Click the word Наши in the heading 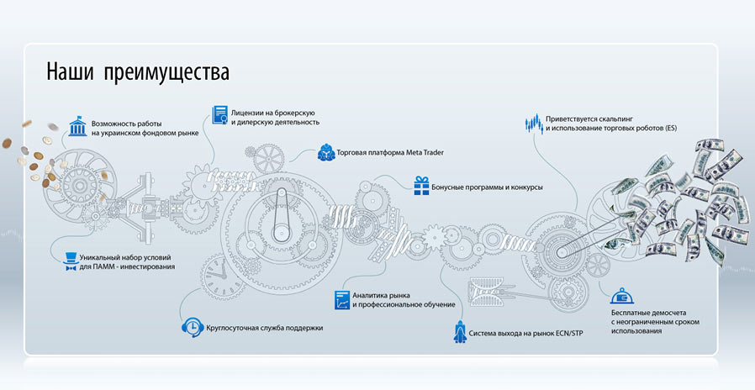[70, 71]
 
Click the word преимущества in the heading [166, 73]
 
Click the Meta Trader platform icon [325, 153]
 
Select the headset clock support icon [192, 327]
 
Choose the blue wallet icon [622, 295]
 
